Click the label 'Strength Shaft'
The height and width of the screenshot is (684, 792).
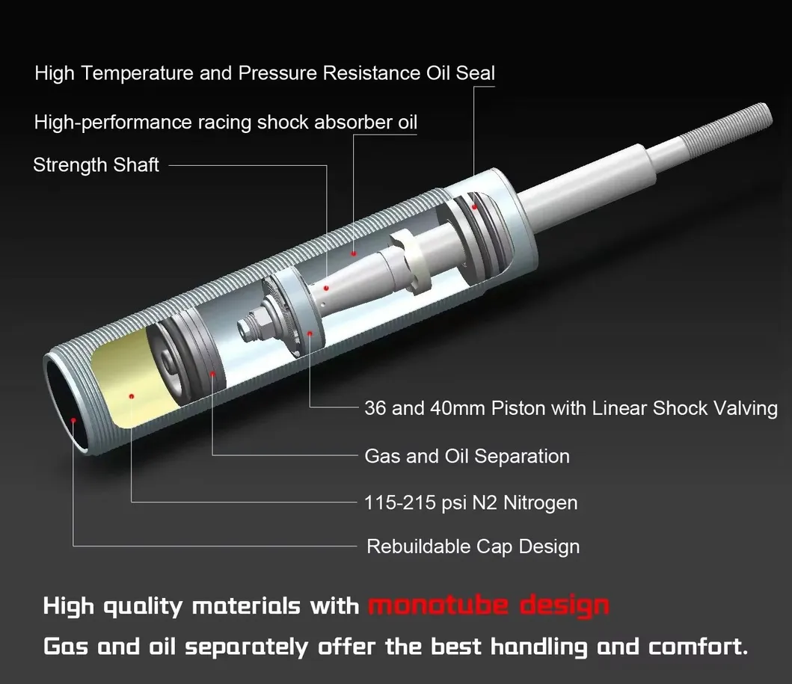pos(96,165)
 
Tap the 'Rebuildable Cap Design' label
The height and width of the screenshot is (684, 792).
pos(473,546)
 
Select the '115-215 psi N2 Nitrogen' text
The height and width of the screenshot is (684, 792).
pos(470,502)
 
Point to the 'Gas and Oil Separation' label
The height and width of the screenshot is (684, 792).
pos(467,456)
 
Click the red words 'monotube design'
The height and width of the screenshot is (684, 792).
pos(488,605)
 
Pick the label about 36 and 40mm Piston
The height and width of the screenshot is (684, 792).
pos(571,408)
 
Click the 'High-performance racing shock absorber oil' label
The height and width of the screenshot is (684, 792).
pos(226,122)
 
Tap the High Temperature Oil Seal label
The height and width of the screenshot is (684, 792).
pos(265,73)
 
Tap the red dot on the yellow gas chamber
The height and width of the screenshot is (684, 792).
pos(132,395)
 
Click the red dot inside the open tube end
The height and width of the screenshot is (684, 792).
pos(73,421)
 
